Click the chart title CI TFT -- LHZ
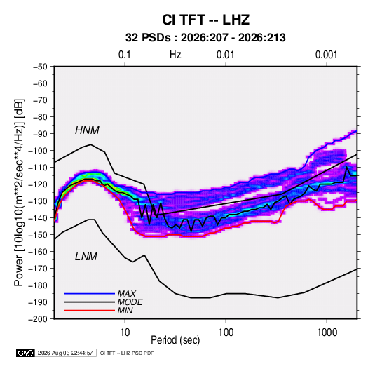[205, 20]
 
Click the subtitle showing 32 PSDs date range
[205, 38]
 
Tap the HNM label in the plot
[87, 130]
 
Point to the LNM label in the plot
[86, 257]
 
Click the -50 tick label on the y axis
[40, 67]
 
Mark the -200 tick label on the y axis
[38, 319]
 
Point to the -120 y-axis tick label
[38, 184]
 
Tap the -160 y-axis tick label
[38, 252]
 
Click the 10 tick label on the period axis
[125, 332]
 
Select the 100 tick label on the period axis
[226, 332]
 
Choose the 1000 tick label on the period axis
[327, 332]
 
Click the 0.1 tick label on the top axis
[125, 55]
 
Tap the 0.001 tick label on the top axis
[326, 55]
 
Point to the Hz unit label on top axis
[175, 55]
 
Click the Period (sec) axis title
[175, 340]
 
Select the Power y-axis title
[19, 192]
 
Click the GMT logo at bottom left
[26, 353]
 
